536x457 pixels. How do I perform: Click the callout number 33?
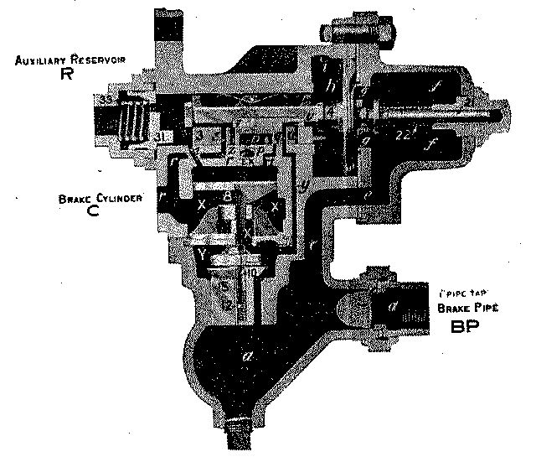[107, 99]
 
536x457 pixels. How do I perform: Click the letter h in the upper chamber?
[330, 86]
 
